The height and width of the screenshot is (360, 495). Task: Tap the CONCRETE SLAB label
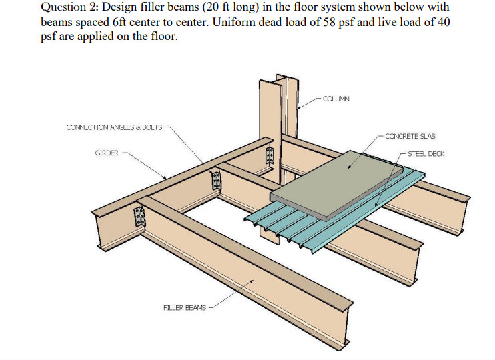tap(410, 136)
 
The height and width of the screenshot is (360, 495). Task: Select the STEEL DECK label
tap(426, 154)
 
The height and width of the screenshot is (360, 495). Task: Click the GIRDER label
tap(107, 153)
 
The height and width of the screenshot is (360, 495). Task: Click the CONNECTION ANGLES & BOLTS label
tap(114, 127)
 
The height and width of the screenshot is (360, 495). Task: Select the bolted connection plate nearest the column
tap(270, 155)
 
